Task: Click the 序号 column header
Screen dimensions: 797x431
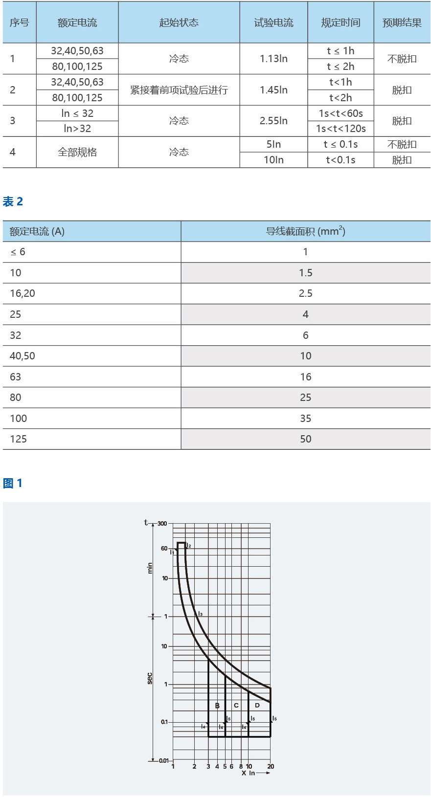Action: [19, 22]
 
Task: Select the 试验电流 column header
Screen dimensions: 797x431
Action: [273, 22]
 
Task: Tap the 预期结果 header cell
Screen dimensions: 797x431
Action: [402, 22]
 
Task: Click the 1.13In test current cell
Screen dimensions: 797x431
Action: [273, 59]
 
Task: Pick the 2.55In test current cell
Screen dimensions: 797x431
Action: [273, 121]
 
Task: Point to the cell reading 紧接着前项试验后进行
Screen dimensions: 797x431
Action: [179, 90]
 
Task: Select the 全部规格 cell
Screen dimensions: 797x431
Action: [77, 152]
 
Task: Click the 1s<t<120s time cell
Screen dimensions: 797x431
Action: [340, 129]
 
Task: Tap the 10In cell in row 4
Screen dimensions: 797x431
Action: [273, 160]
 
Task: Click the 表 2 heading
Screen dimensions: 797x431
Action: [13, 201]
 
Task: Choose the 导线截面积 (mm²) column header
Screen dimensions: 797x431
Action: [305, 231]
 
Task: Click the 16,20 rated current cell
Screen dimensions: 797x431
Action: [23, 293]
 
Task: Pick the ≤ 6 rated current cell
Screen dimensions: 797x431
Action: [18, 252]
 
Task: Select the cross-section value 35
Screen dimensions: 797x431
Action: [305, 419]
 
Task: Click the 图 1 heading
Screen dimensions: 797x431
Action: [13, 483]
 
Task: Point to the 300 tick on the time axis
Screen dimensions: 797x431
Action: [162, 524]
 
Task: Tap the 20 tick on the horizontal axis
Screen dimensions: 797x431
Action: [271, 766]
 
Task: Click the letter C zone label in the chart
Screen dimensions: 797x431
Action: [236, 706]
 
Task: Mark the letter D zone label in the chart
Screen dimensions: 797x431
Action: [257, 706]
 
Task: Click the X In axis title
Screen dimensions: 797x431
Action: [248, 773]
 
